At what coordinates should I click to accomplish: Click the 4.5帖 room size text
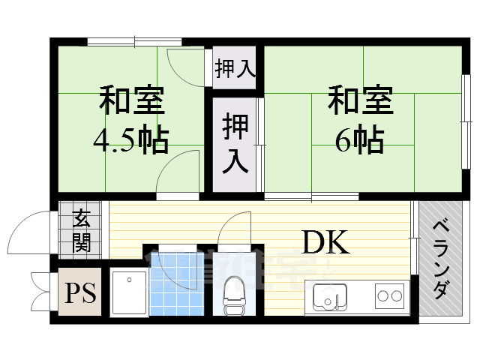coord(130,139)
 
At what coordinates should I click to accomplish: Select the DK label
coord(325,242)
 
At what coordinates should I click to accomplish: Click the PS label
coord(79,292)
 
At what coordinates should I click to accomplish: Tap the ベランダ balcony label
coord(440,259)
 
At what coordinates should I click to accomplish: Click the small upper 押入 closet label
coord(235,69)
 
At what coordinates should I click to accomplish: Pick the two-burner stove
coord(389,295)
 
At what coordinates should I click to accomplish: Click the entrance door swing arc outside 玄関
coord(28,232)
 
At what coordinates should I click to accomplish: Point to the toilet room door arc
coord(235,229)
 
